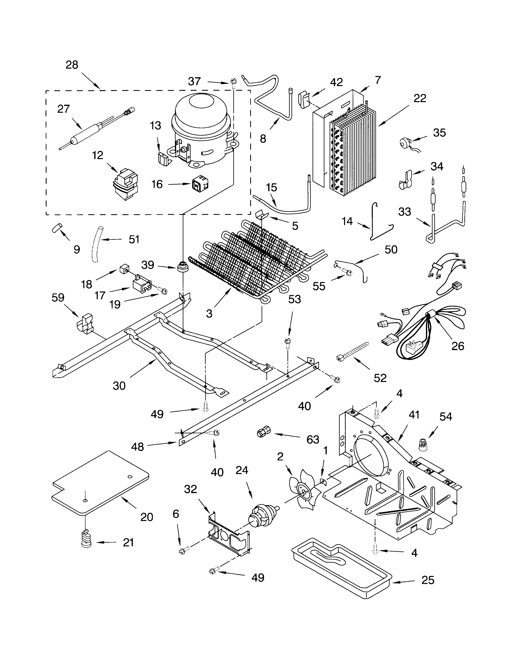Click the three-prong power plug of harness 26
pyautogui.click(x=409, y=346)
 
